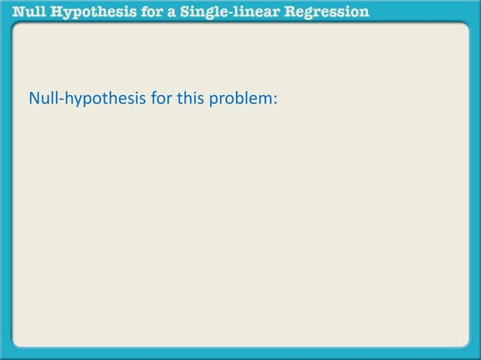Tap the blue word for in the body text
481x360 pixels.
(x=160, y=98)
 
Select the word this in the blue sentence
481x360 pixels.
(x=188, y=98)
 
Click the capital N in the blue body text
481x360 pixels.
(x=33, y=98)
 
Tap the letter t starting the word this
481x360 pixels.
(x=178, y=98)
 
